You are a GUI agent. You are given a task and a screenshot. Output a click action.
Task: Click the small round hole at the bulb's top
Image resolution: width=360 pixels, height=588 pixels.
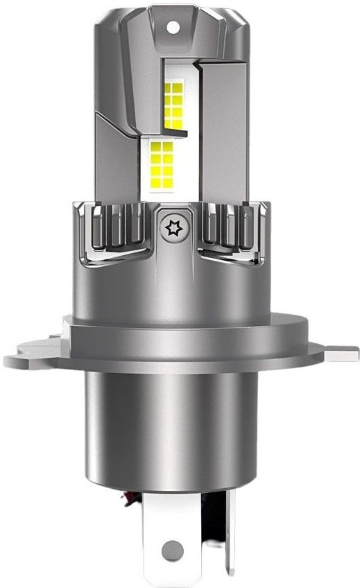(171, 26)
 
